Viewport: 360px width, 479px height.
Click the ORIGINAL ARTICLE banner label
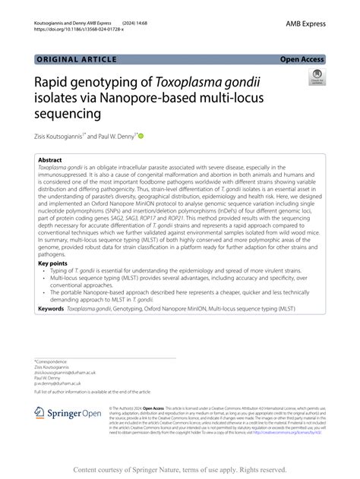[x=76, y=59]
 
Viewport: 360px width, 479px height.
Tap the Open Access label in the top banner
[x=302, y=59]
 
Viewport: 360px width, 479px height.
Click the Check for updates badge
[x=315, y=77]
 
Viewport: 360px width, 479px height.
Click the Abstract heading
[x=50, y=161]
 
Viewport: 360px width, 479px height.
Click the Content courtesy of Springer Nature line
[x=179, y=470]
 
